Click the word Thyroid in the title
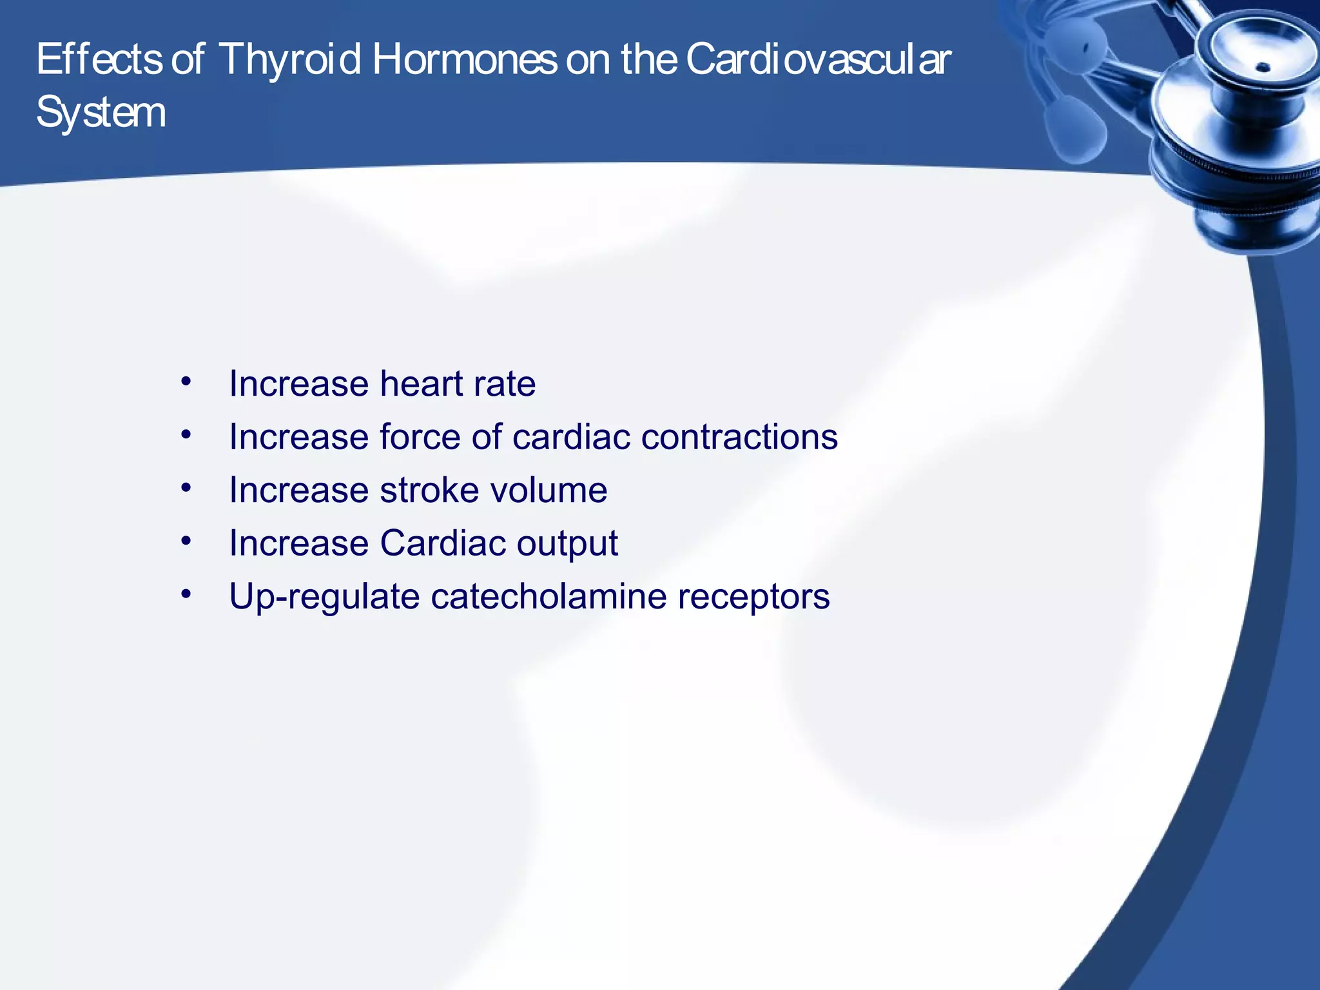click(289, 59)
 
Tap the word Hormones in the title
click(464, 59)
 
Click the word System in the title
click(101, 113)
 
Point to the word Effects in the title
click(99, 59)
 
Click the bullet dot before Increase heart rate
click(186, 382)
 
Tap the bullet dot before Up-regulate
click(186, 594)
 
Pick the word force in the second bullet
click(420, 436)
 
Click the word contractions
click(739, 436)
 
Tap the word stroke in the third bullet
click(429, 490)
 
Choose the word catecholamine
click(548, 596)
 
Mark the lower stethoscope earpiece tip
click(1073, 129)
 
